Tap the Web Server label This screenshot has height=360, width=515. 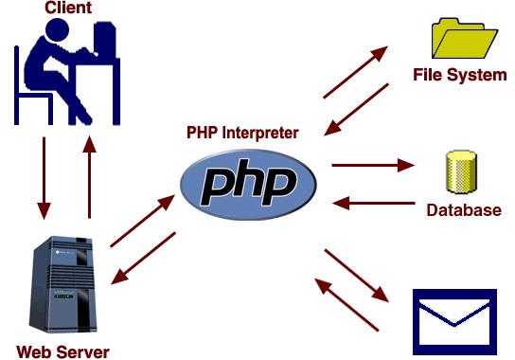(x=62, y=352)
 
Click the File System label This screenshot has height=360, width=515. (x=460, y=75)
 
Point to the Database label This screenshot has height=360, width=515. (x=464, y=210)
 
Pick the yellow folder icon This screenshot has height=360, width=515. (x=465, y=38)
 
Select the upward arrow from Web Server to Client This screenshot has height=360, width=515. (x=89, y=175)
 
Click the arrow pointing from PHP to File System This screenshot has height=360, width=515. (x=356, y=70)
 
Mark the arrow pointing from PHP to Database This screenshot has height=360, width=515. (x=373, y=165)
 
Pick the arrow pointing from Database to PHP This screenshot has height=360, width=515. (x=373, y=202)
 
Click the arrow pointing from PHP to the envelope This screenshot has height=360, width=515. (x=357, y=276)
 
